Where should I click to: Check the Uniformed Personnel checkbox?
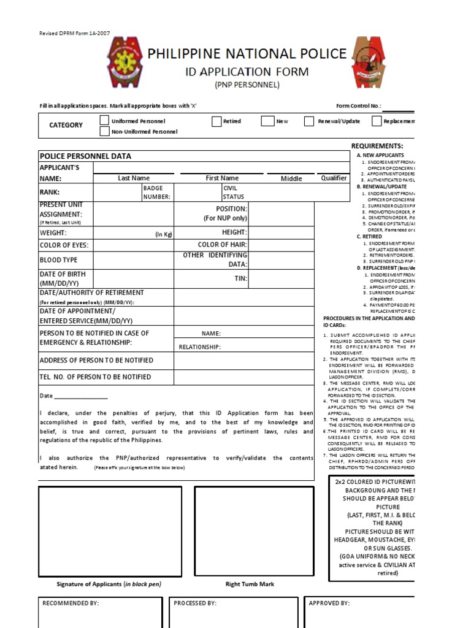point(104,121)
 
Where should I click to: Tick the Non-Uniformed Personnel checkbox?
point(104,131)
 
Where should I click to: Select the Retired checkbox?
point(216,121)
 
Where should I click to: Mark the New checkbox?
point(267,121)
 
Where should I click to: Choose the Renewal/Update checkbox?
point(309,121)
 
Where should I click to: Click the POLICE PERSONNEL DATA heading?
point(85,156)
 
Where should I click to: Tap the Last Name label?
point(134,178)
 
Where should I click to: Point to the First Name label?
point(222,178)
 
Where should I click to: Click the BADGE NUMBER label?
point(156,193)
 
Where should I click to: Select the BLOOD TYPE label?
point(59,260)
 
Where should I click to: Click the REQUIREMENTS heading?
point(377,146)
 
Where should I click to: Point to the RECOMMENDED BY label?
point(71,603)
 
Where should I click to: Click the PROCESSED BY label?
point(195,603)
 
